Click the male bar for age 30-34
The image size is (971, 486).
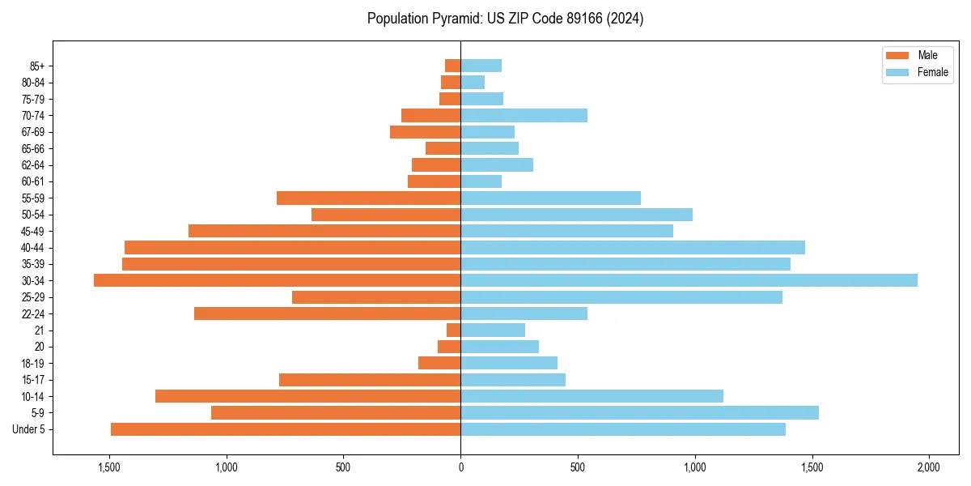pyautogui.click(x=277, y=280)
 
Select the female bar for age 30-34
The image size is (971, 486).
pyautogui.click(x=689, y=280)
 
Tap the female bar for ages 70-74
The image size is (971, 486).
pyautogui.click(x=524, y=116)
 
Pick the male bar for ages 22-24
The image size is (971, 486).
pyautogui.click(x=327, y=313)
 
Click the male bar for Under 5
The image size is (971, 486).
pyautogui.click(x=286, y=429)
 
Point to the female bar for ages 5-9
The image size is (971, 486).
pyautogui.click(x=639, y=412)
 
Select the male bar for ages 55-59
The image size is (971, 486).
pyautogui.click(x=368, y=198)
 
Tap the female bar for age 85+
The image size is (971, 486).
pyautogui.click(x=481, y=66)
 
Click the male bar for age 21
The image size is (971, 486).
pyautogui.click(x=453, y=330)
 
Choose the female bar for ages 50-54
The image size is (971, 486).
pyautogui.click(x=576, y=215)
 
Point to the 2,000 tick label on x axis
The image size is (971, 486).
pyautogui.click(x=928, y=467)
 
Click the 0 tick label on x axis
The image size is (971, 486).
pyautogui.click(x=460, y=467)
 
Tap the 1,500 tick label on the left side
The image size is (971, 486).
pyautogui.click(x=109, y=467)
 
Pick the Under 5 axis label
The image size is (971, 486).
pyautogui.click(x=28, y=429)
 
